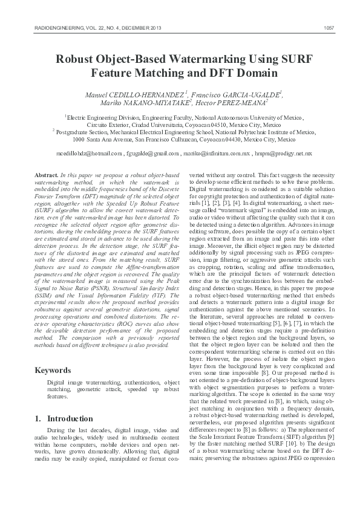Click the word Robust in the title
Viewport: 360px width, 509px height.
click(x=74, y=59)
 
